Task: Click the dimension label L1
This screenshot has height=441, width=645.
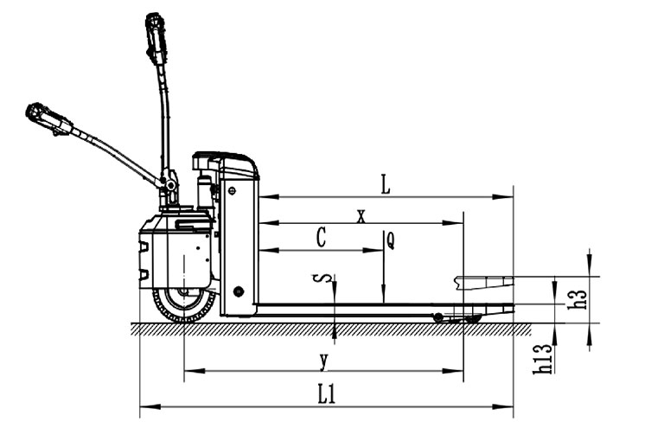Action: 327,395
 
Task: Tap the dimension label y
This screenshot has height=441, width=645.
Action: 324,361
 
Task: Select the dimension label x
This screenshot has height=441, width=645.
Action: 361,216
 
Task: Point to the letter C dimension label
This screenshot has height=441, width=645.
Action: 322,238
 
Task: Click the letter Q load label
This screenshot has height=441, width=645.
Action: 391,240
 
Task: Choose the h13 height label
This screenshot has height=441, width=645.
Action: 543,359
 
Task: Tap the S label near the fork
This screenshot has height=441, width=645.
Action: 326,278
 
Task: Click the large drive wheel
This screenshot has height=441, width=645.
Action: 184,305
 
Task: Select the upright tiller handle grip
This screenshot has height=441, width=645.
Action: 156,37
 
